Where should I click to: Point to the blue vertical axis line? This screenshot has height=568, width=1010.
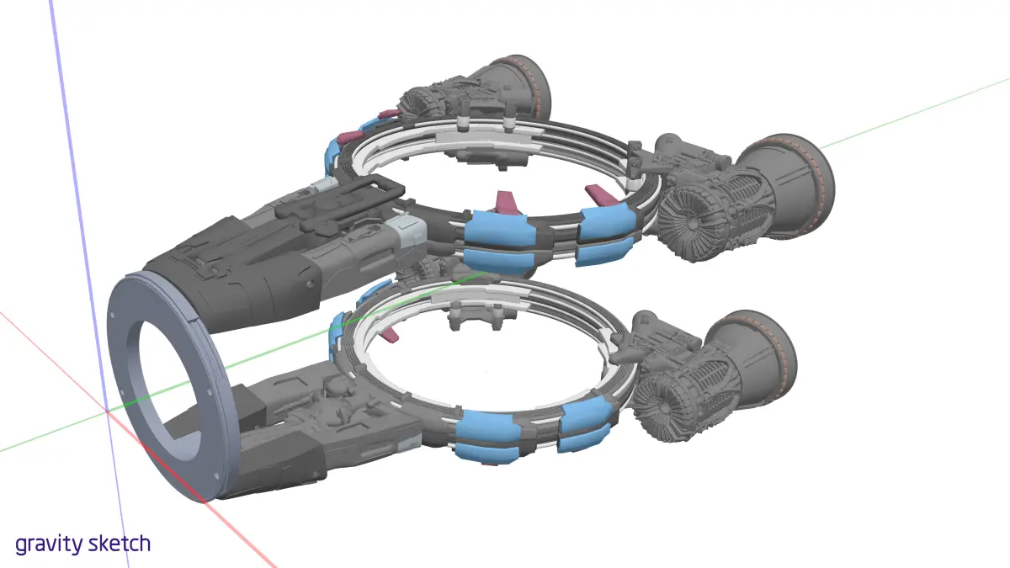point(88,284)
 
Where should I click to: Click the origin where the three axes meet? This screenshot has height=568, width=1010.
point(108,411)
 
